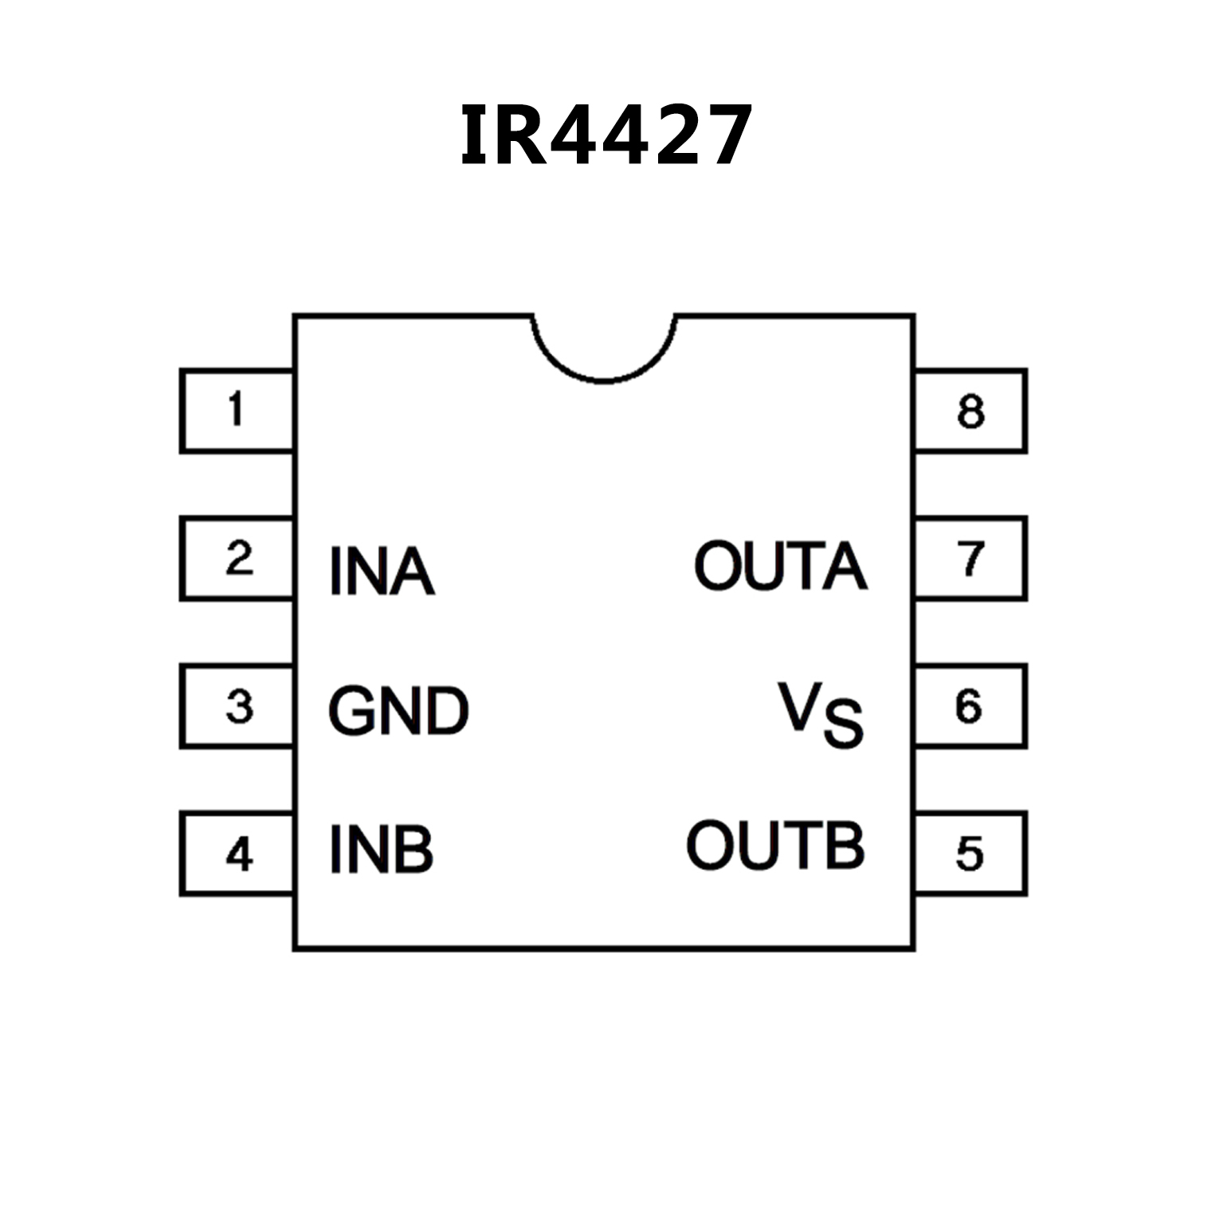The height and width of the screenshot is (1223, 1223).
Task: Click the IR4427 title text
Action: [x=606, y=135]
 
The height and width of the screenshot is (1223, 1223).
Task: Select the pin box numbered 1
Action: [x=237, y=410]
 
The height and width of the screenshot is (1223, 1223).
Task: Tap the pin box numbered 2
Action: [x=237, y=558]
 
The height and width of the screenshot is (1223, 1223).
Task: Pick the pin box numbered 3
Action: [x=237, y=706]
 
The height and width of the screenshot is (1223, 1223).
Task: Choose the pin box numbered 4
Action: [x=237, y=853]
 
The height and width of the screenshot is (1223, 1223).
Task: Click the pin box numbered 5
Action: [x=970, y=853]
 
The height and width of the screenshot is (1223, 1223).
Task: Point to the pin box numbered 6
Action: [x=970, y=706]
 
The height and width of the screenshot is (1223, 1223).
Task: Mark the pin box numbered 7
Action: [x=970, y=558]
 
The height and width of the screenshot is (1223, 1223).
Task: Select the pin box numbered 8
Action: [x=970, y=410]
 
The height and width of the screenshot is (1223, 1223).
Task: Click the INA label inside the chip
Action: [x=382, y=571]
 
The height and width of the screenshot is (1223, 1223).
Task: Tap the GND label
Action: [x=398, y=711]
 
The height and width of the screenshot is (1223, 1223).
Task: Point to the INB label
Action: [x=381, y=849]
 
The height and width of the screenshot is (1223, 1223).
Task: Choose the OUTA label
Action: [x=781, y=566]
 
